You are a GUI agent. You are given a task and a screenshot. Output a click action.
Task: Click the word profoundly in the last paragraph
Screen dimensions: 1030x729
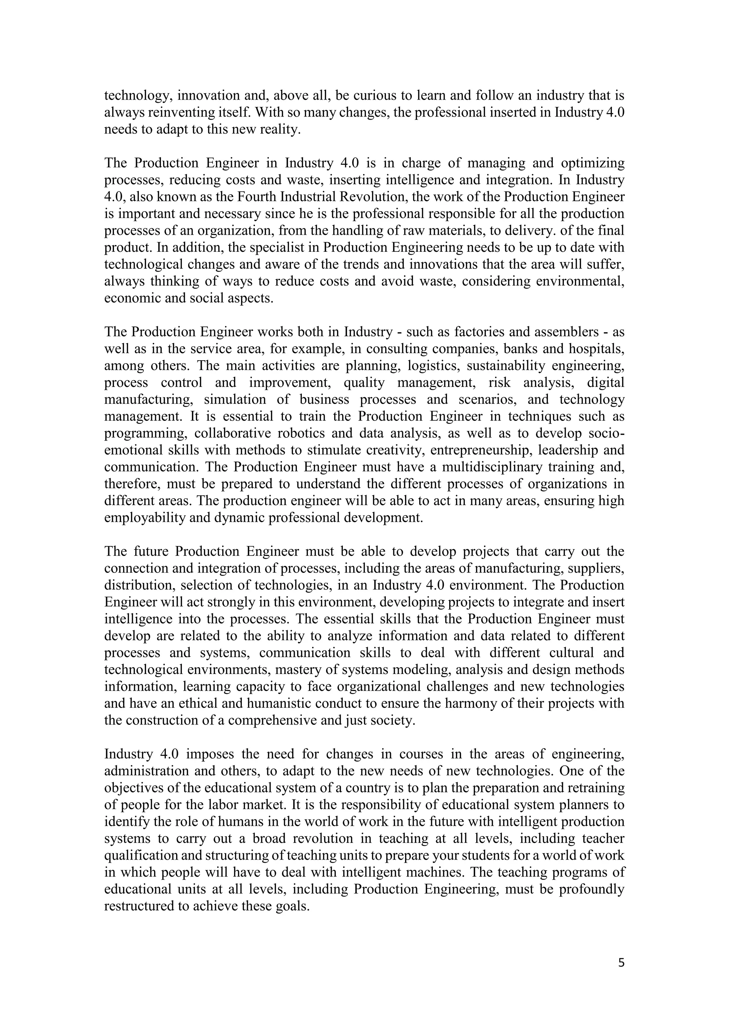(592, 889)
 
